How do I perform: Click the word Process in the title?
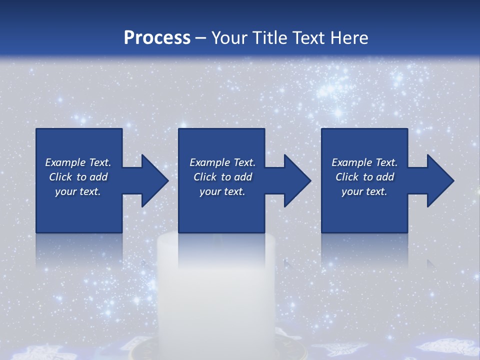[x=157, y=38]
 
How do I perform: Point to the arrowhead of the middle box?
[x=297, y=180]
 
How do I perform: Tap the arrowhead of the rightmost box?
[x=440, y=180]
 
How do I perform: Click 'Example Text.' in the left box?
[x=78, y=162]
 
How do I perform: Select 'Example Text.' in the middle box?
[x=222, y=162]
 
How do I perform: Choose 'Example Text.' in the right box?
[x=364, y=162]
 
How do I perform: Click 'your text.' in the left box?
[x=78, y=191]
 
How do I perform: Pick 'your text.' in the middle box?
[x=222, y=191]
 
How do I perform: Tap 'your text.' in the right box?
[x=364, y=191]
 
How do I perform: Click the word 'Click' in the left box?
[x=60, y=177]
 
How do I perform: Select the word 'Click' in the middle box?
[x=205, y=177]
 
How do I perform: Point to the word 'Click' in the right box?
[x=347, y=177]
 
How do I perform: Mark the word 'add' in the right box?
[x=385, y=177]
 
